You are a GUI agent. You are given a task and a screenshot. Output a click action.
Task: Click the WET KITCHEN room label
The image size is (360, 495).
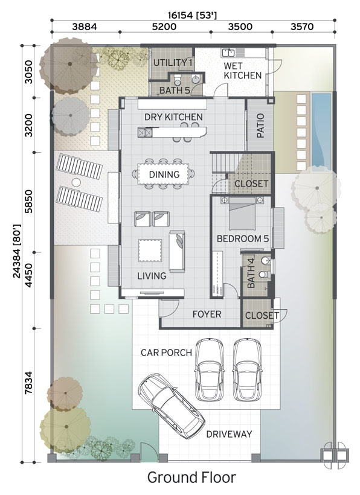click(243, 71)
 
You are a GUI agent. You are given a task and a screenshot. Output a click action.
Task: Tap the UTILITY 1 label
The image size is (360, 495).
click(173, 63)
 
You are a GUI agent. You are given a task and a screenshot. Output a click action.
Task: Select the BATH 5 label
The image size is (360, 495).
click(175, 91)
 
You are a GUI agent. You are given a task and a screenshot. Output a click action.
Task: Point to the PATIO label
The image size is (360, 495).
click(260, 126)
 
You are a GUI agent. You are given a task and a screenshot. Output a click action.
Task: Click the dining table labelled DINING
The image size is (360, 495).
click(164, 174)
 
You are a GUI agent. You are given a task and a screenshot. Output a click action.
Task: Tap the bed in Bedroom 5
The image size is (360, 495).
click(242, 214)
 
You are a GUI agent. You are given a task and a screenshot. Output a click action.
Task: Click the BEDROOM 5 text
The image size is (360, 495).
click(243, 238)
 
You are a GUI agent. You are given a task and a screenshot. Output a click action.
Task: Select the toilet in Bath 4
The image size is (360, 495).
click(264, 274)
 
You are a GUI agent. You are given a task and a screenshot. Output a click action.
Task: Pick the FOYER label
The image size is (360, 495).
click(207, 314)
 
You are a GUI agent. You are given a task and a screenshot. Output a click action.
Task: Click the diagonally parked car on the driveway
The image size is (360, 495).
click(172, 406)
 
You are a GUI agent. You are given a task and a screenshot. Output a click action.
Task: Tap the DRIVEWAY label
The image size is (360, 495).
click(229, 434)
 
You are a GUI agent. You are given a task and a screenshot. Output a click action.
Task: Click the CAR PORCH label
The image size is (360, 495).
click(166, 353)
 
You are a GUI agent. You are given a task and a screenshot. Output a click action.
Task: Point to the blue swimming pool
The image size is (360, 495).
click(321, 129)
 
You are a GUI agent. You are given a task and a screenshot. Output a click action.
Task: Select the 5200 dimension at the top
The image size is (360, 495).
click(164, 27)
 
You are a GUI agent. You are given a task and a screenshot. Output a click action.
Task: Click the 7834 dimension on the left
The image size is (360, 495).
click(29, 382)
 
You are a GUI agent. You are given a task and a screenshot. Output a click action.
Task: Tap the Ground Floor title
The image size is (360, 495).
click(191, 477)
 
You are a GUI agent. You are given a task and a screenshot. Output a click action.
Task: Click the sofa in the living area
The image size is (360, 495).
click(177, 251)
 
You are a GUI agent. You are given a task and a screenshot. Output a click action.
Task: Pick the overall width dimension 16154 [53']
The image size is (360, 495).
click(192, 15)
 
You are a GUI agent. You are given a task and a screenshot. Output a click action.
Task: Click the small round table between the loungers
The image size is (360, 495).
click(76, 182)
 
